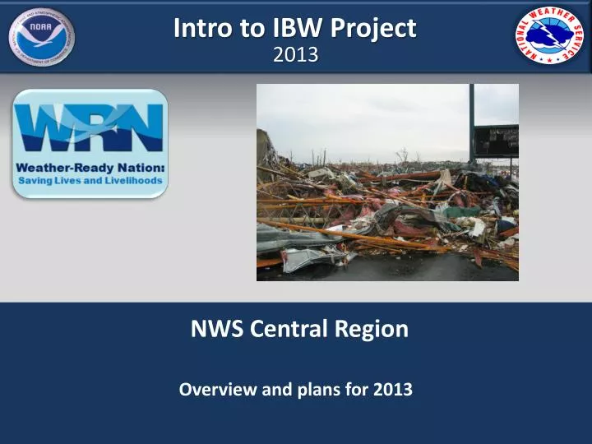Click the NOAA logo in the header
pyautogui.click(x=40, y=36)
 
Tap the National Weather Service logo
pyautogui.click(x=550, y=35)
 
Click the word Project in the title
pyautogui.click(x=373, y=29)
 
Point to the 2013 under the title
pyautogui.click(x=295, y=55)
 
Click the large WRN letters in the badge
pyautogui.click(x=90, y=128)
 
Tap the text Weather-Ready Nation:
pyautogui.click(x=90, y=167)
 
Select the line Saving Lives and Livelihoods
pyautogui.click(x=90, y=179)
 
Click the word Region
pyautogui.click(x=371, y=330)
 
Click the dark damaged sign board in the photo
pyautogui.click(x=497, y=141)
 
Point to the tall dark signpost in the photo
pyautogui.click(x=472, y=123)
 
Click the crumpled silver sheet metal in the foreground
pyautogui.click(x=309, y=258)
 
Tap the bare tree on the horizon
pyautogui.click(x=402, y=155)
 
